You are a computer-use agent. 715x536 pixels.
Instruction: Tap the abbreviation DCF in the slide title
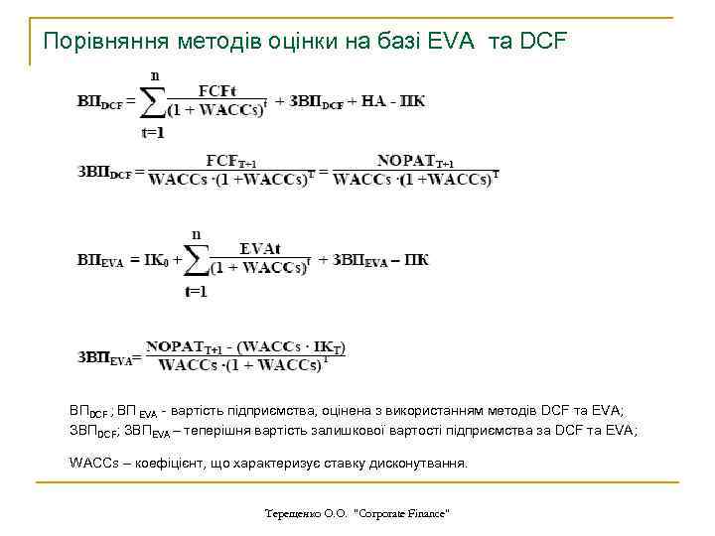click(x=544, y=42)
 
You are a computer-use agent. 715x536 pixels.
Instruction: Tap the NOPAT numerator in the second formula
click(x=416, y=162)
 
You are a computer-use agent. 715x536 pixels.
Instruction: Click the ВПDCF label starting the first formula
click(x=103, y=102)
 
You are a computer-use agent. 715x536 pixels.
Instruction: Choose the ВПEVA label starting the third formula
click(x=101, y=261)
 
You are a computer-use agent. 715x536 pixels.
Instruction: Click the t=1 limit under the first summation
click(x=155, y=133)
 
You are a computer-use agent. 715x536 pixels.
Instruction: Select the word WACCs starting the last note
click(x=91, y=464)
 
